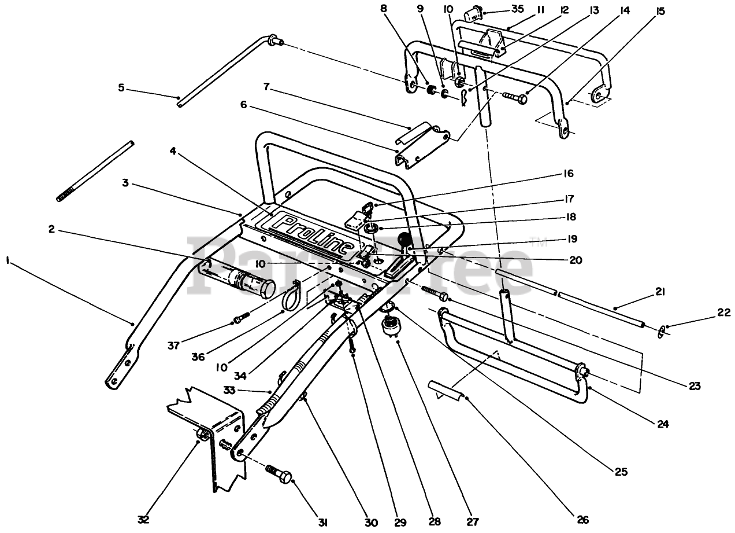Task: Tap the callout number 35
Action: [518, 9]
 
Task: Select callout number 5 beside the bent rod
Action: [121, 88]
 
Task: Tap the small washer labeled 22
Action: [661, 332]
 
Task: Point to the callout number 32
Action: [143, 519]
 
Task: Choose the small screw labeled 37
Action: [242, 317]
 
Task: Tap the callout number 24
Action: [663, 424]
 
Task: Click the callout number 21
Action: [660, 292]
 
